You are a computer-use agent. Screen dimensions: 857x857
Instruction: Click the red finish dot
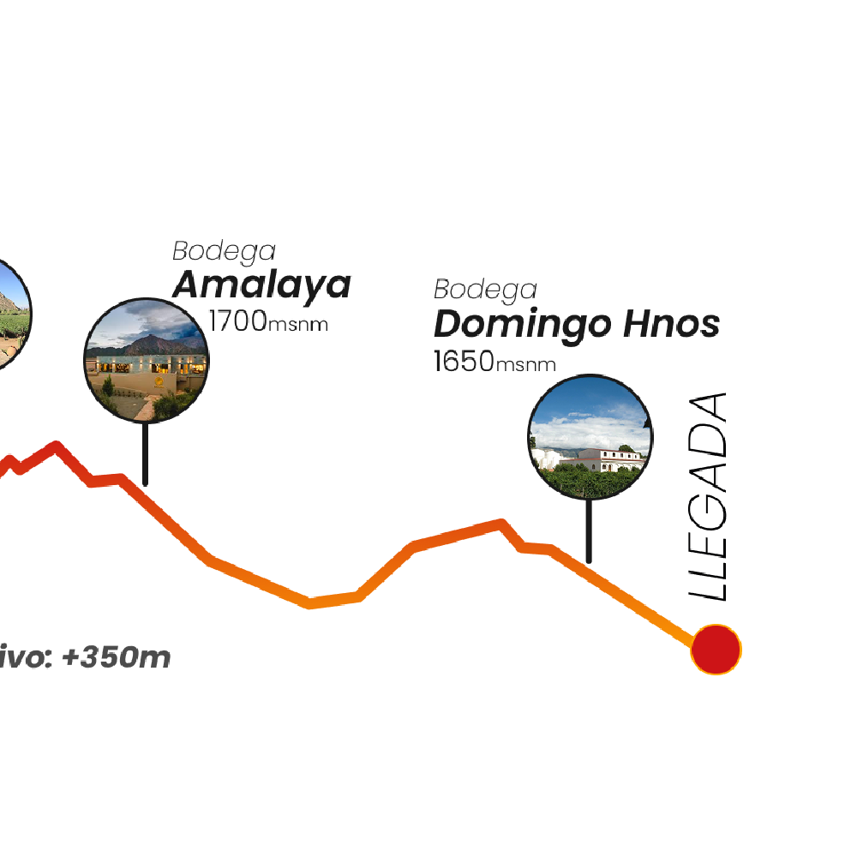click(716, 650)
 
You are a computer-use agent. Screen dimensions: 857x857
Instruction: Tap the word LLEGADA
click(708, 497)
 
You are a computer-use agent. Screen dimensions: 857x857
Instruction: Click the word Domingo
click(522, 325)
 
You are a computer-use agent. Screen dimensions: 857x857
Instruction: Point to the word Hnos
click(672, 323)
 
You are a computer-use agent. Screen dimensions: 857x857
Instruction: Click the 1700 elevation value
click(237, 321)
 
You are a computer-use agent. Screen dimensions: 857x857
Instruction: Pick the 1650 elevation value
click(464, 361)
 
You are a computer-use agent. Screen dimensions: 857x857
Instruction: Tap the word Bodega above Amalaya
click(224, 252)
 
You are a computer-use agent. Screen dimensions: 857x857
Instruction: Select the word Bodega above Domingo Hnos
click(485, 291)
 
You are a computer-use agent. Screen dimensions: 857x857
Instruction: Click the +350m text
click(117, 656)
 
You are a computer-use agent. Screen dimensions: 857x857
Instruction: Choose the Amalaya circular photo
click(147, 360)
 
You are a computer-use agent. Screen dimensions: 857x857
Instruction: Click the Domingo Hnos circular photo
click(590, 437)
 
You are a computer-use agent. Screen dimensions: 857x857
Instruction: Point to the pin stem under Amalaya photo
click(145, 453)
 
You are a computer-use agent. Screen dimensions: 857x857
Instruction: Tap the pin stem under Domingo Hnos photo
click(589, 530)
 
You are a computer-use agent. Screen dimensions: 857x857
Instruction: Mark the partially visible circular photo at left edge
click(12, 315)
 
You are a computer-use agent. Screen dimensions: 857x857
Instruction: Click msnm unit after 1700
click(298, 324)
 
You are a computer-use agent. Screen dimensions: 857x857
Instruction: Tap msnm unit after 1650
click(525, 364)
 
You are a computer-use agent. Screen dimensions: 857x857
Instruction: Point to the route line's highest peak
click(57, 446)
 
